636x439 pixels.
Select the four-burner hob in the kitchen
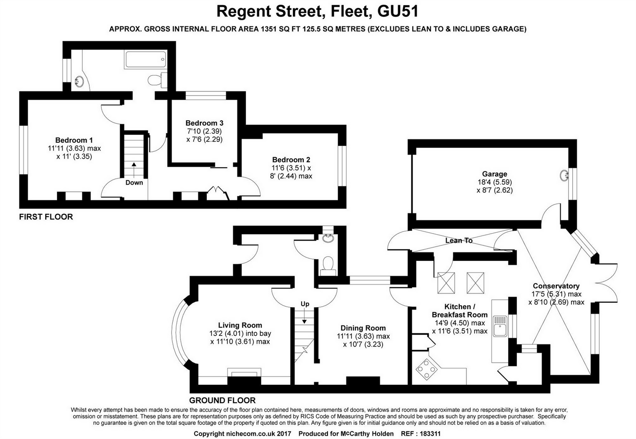426,369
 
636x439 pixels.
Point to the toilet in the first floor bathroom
156,80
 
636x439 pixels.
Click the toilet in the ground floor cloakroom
327,265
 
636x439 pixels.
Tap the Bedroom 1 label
74,140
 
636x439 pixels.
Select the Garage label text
494,174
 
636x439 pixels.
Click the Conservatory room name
556,286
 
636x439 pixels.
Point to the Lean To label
459,240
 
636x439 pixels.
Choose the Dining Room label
363,328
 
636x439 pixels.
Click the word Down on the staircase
134,182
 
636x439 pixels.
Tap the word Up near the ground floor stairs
305,304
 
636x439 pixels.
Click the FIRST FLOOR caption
46,217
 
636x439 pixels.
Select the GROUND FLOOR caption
222,400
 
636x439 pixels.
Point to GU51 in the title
399,10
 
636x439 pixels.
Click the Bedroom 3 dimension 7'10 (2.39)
204,131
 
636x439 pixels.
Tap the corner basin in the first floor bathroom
80,82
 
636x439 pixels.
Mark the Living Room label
240,325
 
